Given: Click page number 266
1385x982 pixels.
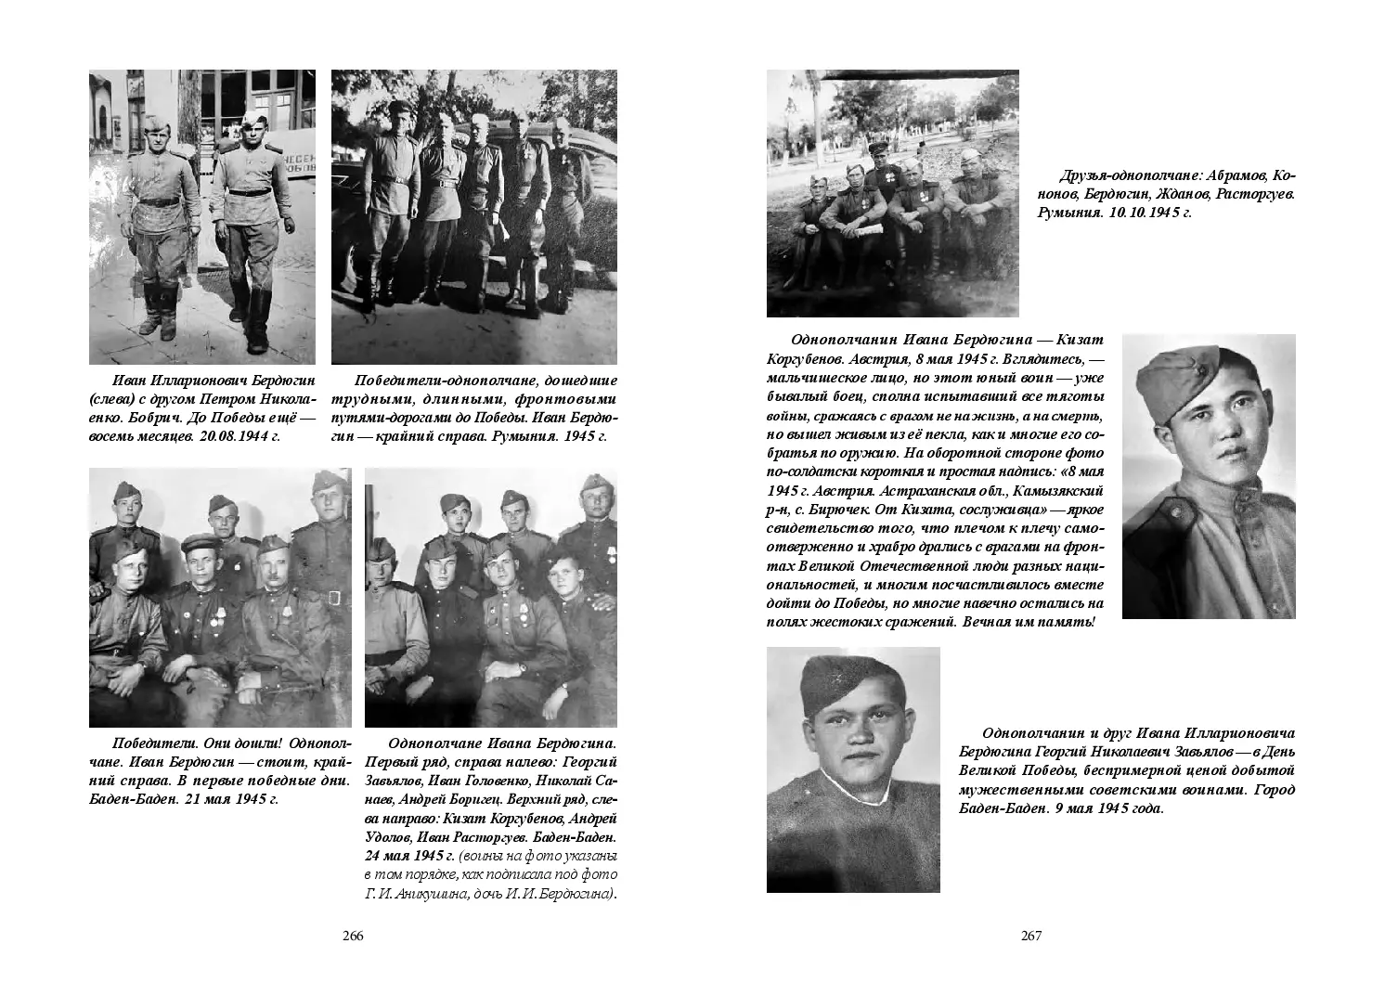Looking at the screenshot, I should (x=352, y=936).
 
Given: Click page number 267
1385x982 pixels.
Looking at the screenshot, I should (x=1031, y=936).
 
